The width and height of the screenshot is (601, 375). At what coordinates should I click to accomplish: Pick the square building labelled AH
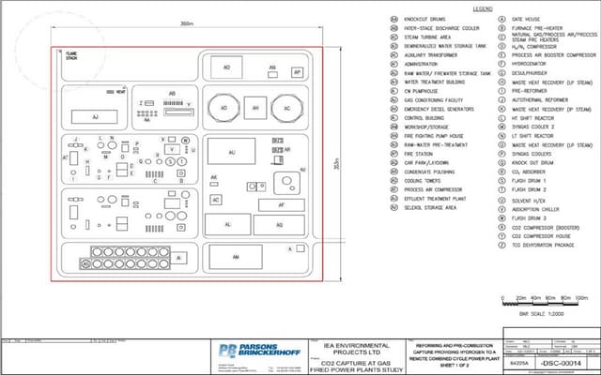pyautogui.click(x=254, y=109)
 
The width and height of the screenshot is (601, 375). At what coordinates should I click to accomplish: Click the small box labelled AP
pyautogui.click(x=298, y=71)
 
